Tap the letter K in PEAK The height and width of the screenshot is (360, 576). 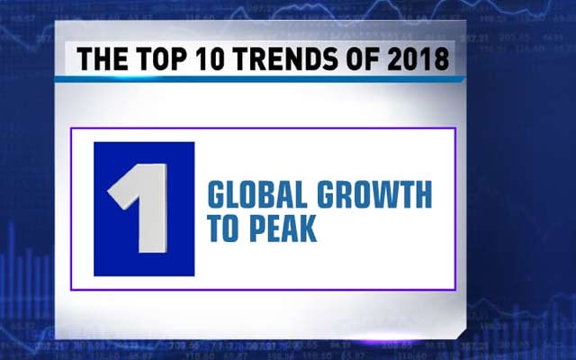[309, 229]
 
